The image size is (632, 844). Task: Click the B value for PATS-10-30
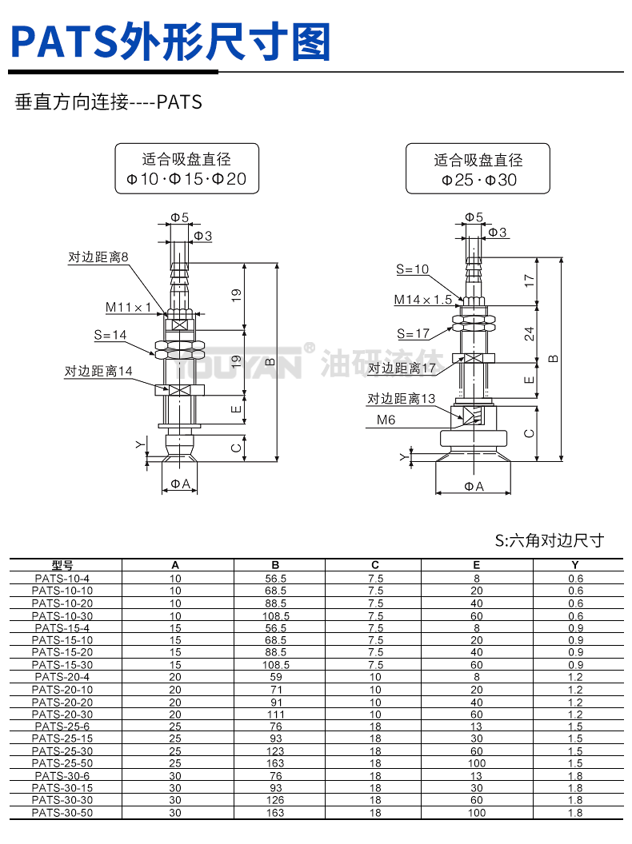(x=275, y=616)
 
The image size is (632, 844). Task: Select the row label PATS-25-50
(x=62, y=763)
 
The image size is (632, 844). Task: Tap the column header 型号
(x=62, y=565)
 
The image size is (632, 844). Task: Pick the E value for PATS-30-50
(x=477, y=813)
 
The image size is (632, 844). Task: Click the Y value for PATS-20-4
(x=575, y=677)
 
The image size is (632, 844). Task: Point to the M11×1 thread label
(x=128, y=307)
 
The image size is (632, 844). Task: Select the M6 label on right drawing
(x=386, y=419)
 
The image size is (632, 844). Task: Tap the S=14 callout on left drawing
(x=110, y=335)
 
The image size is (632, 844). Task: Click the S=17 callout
(x=413, y=333)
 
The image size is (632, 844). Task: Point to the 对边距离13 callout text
(x=402, y=399)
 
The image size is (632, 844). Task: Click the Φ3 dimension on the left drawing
(x=203, y=236)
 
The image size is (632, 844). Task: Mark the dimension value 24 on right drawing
(x=530, y=333)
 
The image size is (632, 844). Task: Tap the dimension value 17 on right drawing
(x=530, y=281)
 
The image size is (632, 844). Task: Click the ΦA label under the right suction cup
(x=474, y=486)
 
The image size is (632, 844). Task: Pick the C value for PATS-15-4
(x=375, y=627)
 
